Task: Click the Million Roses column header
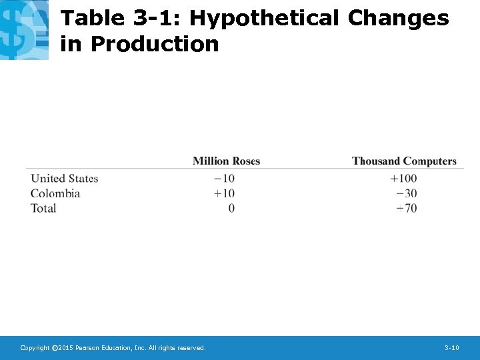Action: (226, 161)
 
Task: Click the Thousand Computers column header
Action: (404, 161)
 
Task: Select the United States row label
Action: (65, 179)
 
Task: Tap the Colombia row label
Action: (55, 193)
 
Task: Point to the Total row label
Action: (43, 208)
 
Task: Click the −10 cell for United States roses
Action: (224, 179)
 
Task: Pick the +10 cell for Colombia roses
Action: (224, 193)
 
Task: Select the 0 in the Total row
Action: (231, 208)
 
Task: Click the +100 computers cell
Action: (403, 179)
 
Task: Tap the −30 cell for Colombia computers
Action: (406, 193)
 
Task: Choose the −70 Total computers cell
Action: (406, 208)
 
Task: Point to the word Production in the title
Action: (154, 44)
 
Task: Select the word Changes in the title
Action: (399, 18)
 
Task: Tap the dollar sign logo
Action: (24, 29)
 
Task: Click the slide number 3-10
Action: (451, 348)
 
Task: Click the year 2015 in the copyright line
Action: (65, 348)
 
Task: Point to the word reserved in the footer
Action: (191, 348)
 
